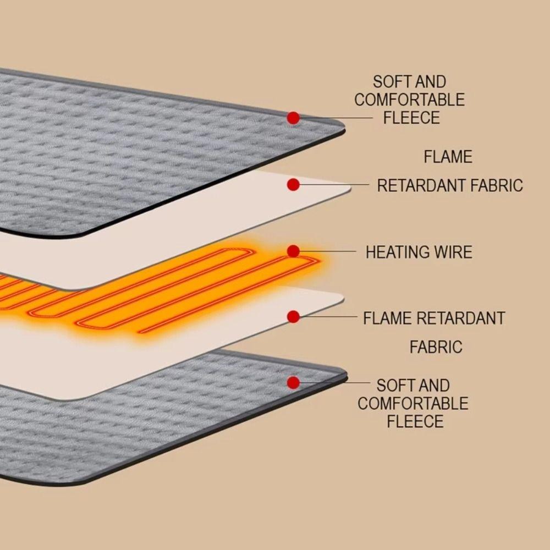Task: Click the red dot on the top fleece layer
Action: coord(293,118)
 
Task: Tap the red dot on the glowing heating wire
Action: coord(293,251)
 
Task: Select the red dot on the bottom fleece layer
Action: coord(293,383)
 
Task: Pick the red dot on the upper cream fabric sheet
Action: coord(293,185)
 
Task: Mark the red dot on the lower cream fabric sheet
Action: coord(293,317)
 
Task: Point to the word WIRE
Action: coord(454,252)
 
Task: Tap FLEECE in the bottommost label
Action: coord(415,421)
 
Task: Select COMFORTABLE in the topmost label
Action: coord(410,100)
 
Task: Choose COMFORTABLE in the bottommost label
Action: coord(413,403)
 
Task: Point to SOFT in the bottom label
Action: coord(394,385)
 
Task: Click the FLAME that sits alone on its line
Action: coord(448,157)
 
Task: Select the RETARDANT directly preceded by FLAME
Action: coord(461,318)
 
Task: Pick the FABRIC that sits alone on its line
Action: coord(436,347)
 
